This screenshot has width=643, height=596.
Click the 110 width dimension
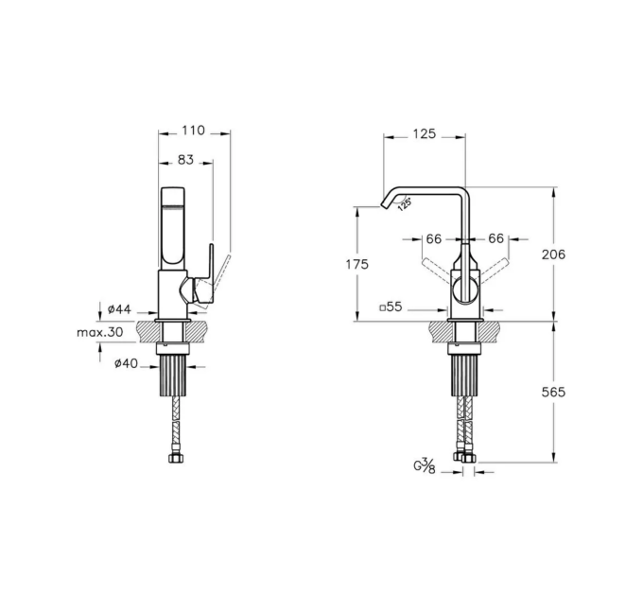click(x=193, y=131)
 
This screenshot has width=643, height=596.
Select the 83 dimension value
click(x=185, y=160)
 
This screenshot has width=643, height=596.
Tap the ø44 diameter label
click(x=119, y=308)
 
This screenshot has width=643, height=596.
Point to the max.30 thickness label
click(x=99, y=332)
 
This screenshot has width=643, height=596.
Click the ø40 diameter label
click(x=127, y=363)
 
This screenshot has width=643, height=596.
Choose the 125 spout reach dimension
click(x=424, y=134)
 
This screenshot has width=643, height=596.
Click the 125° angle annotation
click(x=405, y=203)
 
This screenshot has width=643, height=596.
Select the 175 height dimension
click(x=357, y=265)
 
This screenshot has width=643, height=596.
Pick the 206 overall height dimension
click(x=553, y=254)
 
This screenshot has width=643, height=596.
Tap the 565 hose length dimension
click(x=553, y=393)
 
